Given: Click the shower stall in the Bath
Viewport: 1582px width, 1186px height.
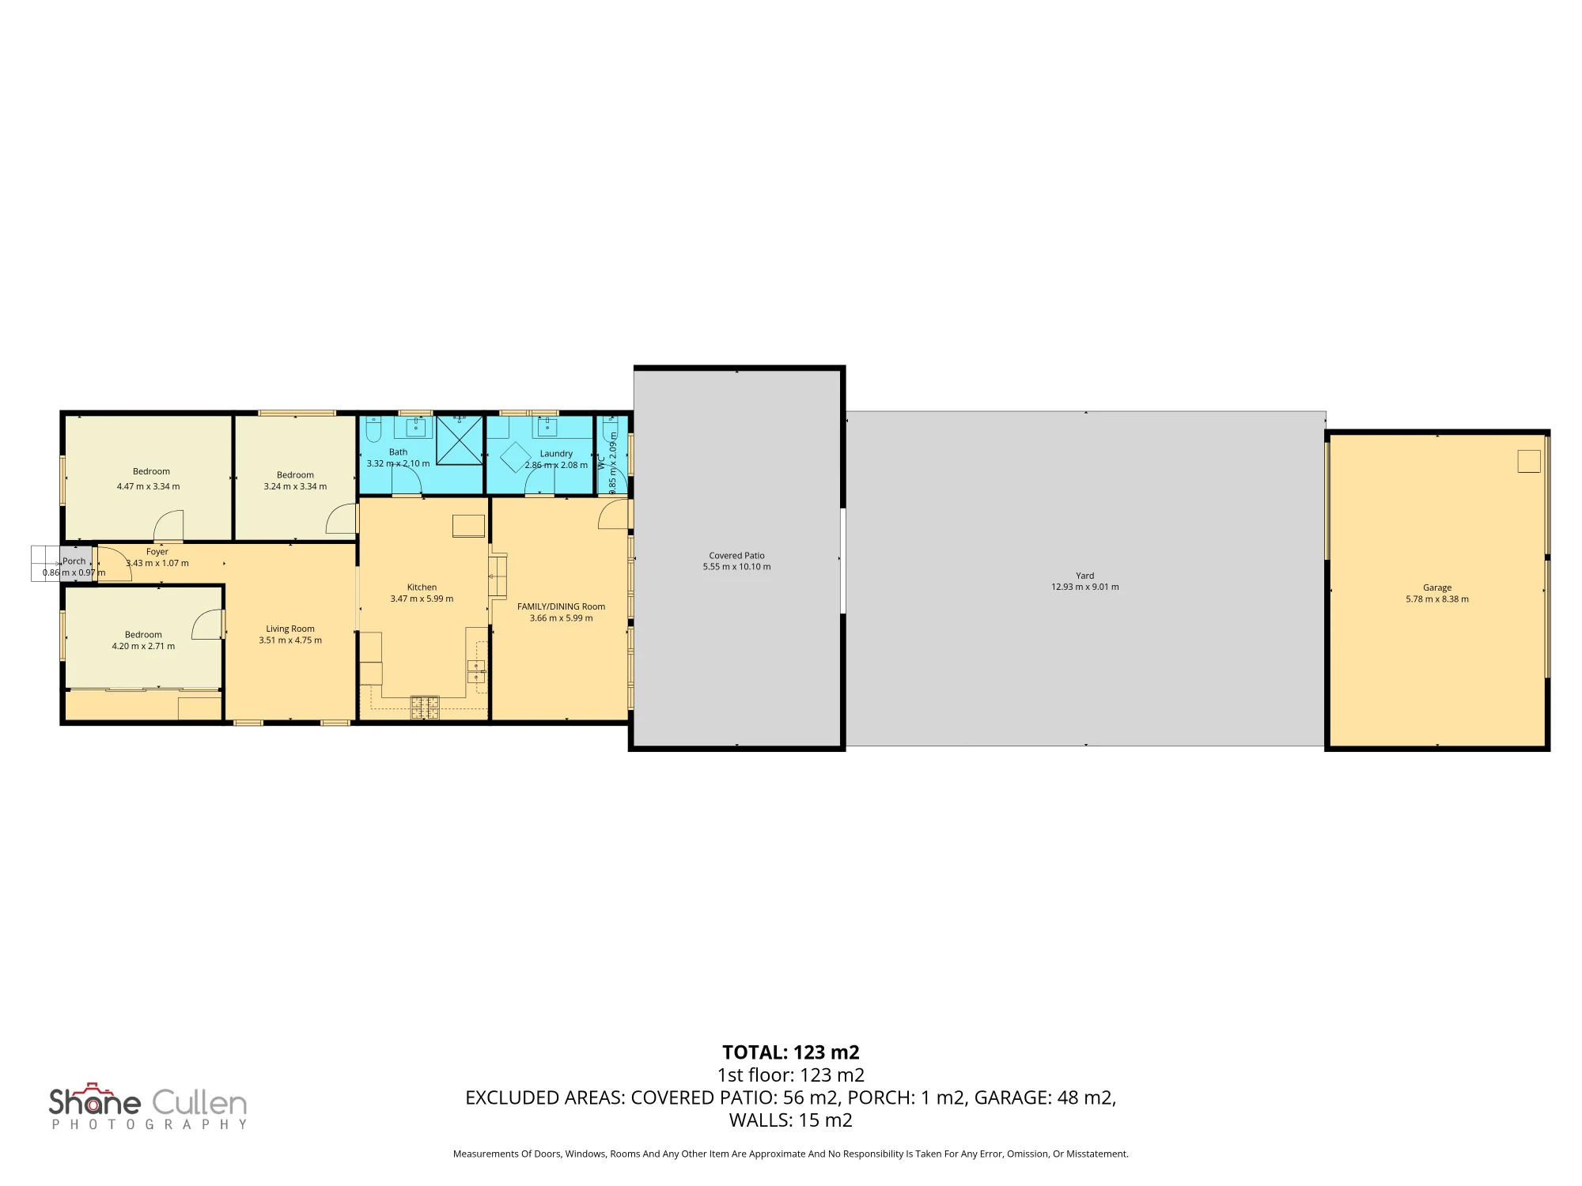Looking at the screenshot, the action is (460, 440).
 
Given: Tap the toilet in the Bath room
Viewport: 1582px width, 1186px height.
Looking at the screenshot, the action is (374, 429).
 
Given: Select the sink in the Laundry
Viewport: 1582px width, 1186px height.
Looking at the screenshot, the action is (547, 426).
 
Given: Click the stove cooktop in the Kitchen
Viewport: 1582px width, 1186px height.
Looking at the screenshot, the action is (425, 708).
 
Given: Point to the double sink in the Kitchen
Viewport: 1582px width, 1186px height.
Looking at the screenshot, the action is (476, 671).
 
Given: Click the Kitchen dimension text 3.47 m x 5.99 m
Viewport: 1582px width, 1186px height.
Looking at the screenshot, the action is (422, 599).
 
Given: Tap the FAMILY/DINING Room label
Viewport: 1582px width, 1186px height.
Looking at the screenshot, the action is (561, 606).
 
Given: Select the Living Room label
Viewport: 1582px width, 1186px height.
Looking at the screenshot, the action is (290, 629).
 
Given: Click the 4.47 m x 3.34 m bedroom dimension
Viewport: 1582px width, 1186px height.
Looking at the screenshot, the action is (148, 486).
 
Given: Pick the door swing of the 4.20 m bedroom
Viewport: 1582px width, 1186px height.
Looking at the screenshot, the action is (206, 624).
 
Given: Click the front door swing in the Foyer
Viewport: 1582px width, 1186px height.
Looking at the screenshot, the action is (114, 565).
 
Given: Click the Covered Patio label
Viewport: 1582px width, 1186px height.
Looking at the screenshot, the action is (736, 555).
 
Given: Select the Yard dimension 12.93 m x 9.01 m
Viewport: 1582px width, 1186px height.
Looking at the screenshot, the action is (1084, 587).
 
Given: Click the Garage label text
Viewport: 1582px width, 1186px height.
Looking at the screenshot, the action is (1436, 587).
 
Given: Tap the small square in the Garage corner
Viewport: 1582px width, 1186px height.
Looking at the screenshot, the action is (1529, 461).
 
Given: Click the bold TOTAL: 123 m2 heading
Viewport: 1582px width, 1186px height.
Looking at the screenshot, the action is (790, 1052).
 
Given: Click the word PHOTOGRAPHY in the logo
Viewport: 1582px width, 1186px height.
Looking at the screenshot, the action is (149, 1124).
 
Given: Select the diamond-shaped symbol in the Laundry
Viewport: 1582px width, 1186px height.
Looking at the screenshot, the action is (516, 457).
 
